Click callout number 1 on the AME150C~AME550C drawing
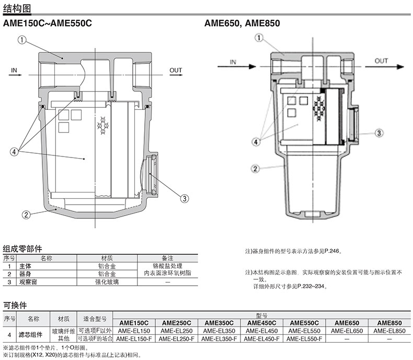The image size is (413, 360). coord(22,40)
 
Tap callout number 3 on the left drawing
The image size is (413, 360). coord(185,198)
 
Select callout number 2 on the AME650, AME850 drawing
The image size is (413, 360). coord(255,168)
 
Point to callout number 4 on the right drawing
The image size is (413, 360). coord(256,142)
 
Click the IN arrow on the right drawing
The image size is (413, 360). coord(237,66)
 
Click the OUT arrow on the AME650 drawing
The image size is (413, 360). coord(384,66)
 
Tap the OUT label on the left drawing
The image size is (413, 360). coord(176,70)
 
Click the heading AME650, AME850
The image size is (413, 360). coord(242,23)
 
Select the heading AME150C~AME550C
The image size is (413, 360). coord(48,23)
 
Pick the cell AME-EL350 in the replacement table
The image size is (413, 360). coord(219,331)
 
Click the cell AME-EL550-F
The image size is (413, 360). coord(304,339)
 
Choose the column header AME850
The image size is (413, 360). coord(389,323)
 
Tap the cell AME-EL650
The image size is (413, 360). coord(347,331)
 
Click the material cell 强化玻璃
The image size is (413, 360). coord(107,282)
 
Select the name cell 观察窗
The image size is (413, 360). coord(28,282)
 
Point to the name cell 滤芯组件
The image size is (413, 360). coord(30,335)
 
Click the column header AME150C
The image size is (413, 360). coord(134,323)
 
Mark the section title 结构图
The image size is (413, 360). coord(17,9)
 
